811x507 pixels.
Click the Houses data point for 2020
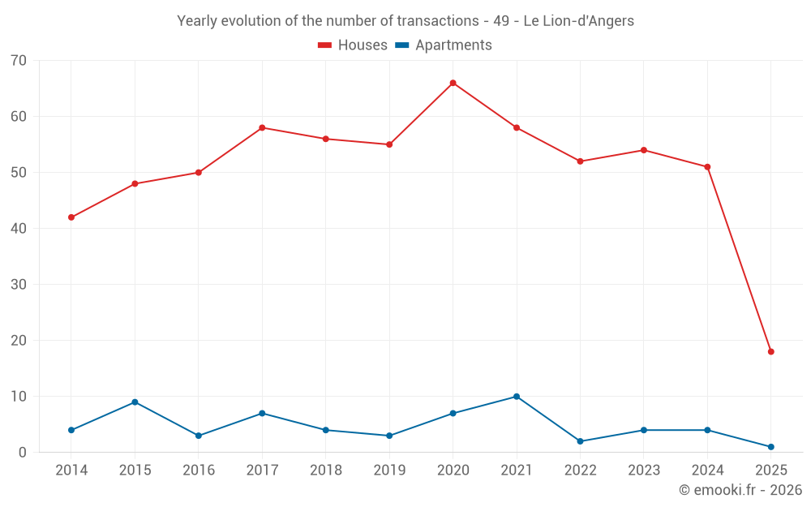tap(453, 83)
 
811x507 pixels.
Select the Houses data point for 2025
tap(770, 352)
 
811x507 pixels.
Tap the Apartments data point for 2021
tap(517, 397)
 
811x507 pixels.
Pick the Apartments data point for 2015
tap(135, 402)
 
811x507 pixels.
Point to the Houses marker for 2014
tap(71, 217)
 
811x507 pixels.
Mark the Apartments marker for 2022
tap(580, 441)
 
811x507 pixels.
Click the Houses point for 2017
tap(262, 127)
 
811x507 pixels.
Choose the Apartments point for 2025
tap(770, 447)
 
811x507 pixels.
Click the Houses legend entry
tap(353, 45)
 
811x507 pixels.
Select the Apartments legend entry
tap(444, 45)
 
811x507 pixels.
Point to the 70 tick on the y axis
tap(19, 61)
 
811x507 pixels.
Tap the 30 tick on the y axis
tap(19, 285)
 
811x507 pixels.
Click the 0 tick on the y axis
tap(24, 453)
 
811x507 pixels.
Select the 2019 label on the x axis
tap(389, 470)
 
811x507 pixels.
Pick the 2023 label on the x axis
tap(644, 470)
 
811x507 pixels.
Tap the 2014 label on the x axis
tap(71, 470)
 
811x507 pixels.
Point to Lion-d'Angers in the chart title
tap(591, 21)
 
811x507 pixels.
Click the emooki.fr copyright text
tap(740, 490)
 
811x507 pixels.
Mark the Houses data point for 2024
tap(707, 167)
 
